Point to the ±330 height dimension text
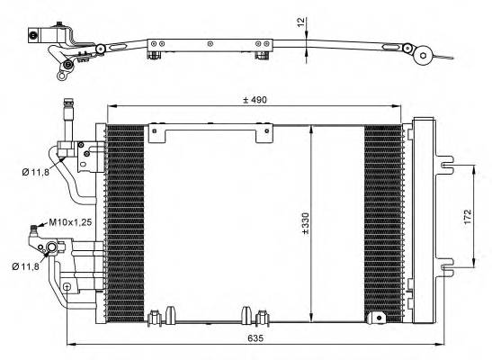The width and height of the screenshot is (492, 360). (305, 224)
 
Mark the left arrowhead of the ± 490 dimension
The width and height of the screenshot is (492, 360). (111, 108)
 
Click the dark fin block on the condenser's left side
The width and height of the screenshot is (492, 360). (120, 221)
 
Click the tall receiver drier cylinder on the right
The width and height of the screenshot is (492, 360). (424, 221)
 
